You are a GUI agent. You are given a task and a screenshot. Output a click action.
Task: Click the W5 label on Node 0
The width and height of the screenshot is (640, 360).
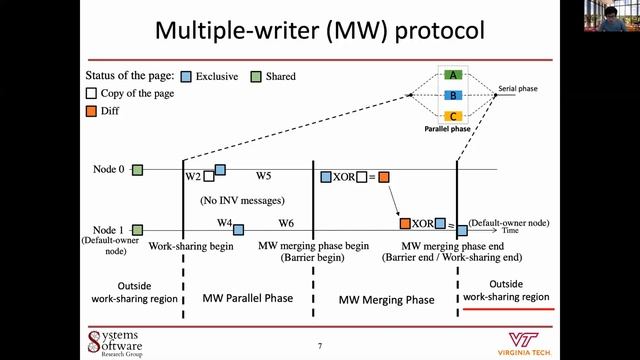point(263,176)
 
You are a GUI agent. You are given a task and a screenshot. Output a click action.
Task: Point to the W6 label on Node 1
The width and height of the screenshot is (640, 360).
point(286,223)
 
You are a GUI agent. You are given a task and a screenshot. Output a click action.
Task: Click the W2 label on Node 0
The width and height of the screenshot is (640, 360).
point(193,177)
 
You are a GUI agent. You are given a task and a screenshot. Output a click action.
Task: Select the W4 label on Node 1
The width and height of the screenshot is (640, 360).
point(225,223)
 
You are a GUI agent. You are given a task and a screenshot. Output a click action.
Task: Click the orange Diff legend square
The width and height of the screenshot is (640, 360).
point(92,111)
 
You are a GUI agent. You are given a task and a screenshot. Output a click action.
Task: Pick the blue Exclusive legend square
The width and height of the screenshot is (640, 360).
point(187,76)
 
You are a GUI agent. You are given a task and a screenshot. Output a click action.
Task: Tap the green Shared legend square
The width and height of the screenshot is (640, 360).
point(257,76)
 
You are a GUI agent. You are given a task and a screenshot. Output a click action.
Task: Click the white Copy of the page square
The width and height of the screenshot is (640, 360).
point(92,94)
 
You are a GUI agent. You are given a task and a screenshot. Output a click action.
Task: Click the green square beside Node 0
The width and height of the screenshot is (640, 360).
point(137,170)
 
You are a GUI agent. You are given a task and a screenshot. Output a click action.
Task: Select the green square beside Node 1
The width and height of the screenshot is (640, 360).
point(137,231)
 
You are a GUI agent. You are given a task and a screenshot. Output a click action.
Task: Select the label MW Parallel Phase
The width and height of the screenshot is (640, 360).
point(248,299)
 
